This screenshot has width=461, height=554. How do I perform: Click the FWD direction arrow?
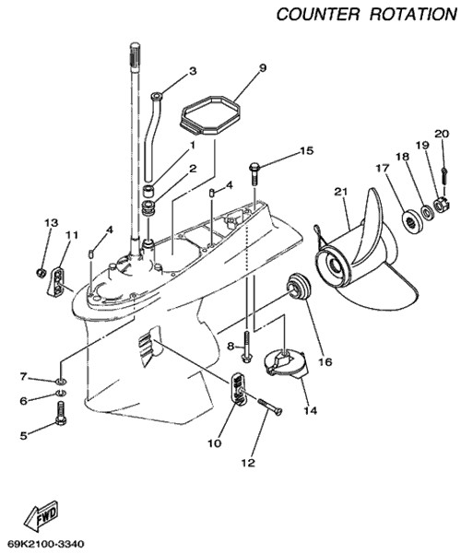(41, 514)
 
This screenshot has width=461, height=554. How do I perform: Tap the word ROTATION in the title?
(414, 14)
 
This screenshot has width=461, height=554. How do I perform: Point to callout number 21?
(341, 192)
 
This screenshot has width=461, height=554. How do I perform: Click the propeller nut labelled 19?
(441, 205)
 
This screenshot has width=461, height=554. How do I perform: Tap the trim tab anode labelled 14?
(287, 365)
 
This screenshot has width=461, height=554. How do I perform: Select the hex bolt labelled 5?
(61, 414)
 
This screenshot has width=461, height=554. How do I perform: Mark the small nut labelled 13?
(41, 273)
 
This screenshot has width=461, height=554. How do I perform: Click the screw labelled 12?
(270, 407)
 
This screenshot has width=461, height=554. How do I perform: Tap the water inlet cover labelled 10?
(238, 389)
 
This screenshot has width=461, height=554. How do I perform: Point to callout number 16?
(325, 361)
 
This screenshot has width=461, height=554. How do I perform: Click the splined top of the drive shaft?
(136, 53)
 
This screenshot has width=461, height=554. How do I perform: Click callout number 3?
(193, 71)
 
